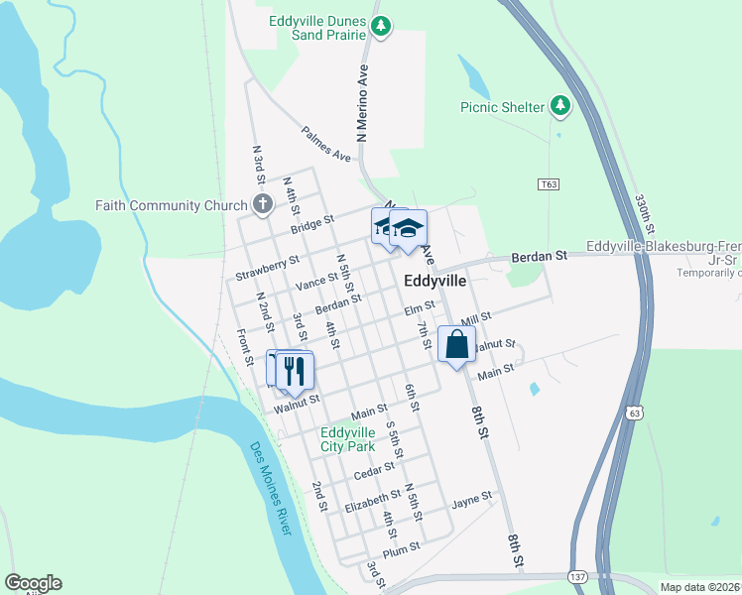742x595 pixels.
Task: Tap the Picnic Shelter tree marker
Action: pos(561,105)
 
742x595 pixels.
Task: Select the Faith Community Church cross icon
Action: pos(262,205)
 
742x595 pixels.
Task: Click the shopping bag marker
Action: pos(456,346)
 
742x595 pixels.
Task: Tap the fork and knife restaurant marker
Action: pos(295,371)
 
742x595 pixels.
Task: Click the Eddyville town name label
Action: pos(435,282)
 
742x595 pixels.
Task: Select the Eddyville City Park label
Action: pos(347,439)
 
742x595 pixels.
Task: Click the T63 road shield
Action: pos(550,184)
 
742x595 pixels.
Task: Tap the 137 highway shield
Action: pos(578,575)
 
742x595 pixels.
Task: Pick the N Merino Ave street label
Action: pos(362,105)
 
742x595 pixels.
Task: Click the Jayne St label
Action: pos(472,499)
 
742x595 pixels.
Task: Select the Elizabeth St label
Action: pos(372,507)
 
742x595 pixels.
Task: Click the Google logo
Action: pos(33,583)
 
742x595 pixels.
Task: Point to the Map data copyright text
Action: pos(699,587)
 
